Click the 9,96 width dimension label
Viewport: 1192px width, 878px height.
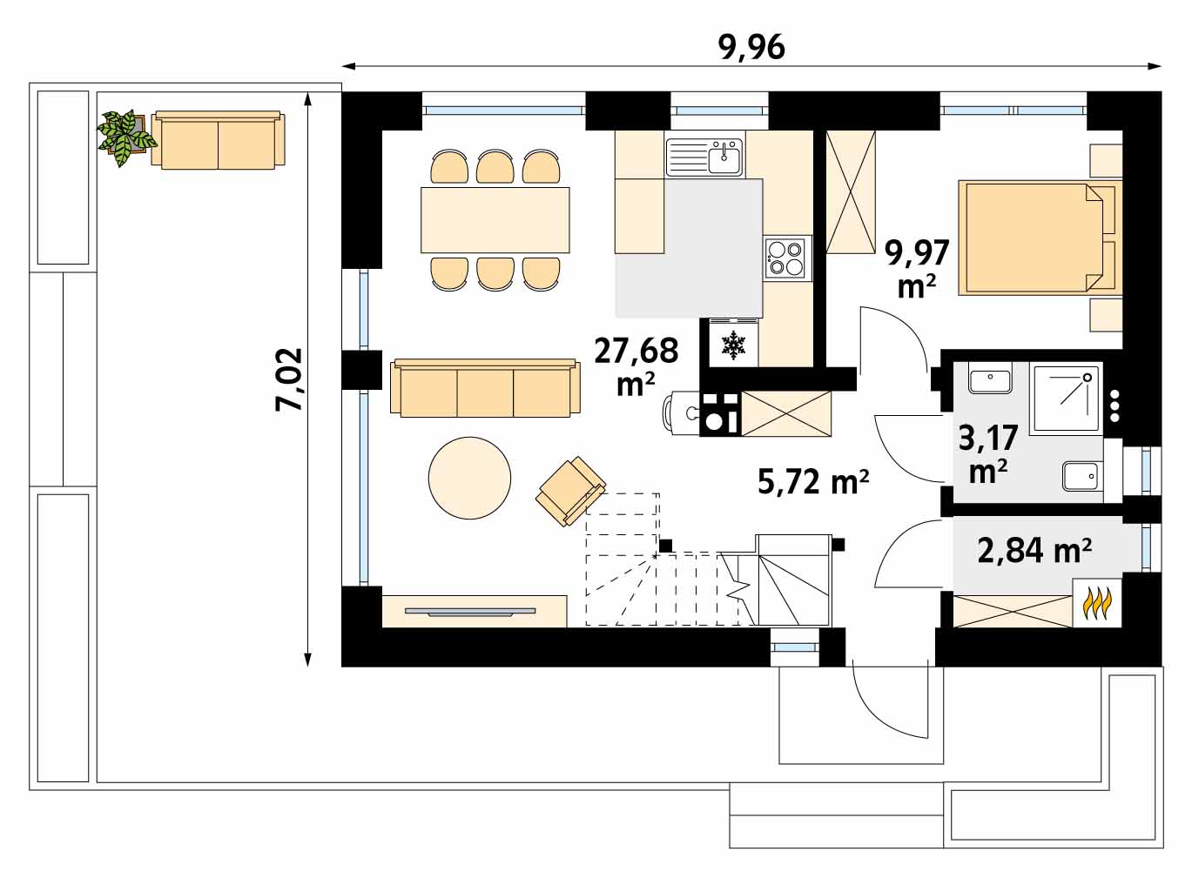click(x=751, y=49)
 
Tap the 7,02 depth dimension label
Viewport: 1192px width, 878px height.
click(x=289, y=379)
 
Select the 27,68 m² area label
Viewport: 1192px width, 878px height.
click(x=636, y=366)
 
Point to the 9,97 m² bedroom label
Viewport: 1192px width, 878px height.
click(x=916, y=269)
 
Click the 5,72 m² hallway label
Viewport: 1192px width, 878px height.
click(x=813, y=481)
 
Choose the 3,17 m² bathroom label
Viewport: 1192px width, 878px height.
click(x=988, y=453)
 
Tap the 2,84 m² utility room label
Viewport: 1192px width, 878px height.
click(x=1034, y=551)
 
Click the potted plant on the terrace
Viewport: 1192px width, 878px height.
click(x=126, y=137)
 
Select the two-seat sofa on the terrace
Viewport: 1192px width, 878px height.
click(x=219, y=140)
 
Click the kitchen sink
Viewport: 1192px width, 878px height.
click(x=704, y=157)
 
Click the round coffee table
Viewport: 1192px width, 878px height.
click(x=469, y=478)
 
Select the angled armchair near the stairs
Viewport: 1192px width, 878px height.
click(x=570, y=491)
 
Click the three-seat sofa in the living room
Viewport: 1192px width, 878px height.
click(x=485, y=388)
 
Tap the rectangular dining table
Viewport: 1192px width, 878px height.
click(x=495, y=220)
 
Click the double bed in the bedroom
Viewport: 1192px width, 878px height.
click(x=1040, y=238)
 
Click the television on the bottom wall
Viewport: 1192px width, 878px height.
click(x=470, y=612)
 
